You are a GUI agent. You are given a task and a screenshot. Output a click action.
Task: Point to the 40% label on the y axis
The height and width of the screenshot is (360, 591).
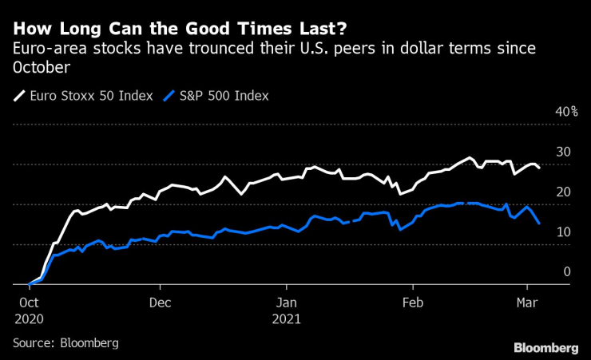click(565, 112)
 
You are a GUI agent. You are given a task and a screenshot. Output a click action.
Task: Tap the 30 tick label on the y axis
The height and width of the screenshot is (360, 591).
click(563, 152)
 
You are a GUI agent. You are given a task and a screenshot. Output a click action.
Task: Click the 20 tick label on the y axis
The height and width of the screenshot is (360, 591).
click(563, 192)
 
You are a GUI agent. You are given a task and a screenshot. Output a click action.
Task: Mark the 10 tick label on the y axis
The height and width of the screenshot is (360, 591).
click(563, 231)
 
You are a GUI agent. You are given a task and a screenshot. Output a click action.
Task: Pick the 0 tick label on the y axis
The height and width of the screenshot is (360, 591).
click(567, 271)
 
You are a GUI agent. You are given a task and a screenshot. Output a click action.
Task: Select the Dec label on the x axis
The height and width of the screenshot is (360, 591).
click(160, 303)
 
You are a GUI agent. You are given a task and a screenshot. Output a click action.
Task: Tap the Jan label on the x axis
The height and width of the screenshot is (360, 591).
click(286, 303)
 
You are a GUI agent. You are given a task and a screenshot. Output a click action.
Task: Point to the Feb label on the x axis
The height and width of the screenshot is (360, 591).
click(413, 303)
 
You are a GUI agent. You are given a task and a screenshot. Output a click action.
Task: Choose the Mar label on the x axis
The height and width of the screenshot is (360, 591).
click(527, 303)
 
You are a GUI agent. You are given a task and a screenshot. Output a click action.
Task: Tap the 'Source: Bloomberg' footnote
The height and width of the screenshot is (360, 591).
click(65, 342)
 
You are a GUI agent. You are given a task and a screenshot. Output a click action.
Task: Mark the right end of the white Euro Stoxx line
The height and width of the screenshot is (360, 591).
click(539, 168)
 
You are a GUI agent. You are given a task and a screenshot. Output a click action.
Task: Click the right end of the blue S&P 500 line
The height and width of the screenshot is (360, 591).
click(539, 224)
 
